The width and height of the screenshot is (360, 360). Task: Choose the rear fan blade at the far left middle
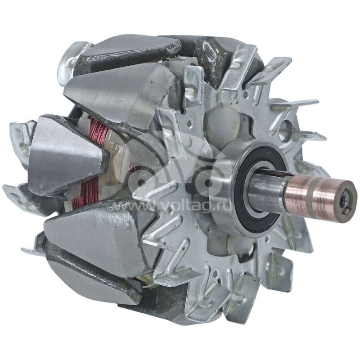[x=18, y=135]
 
